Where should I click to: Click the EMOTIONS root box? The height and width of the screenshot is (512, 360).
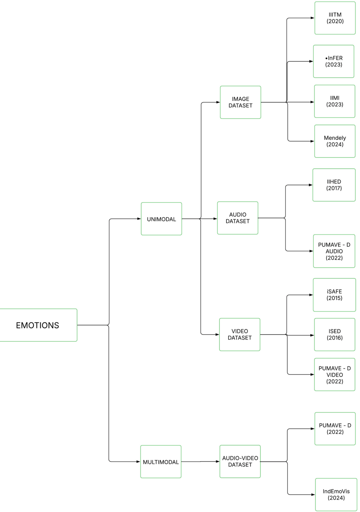coord(38,325)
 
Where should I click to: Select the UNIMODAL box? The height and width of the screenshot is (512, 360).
coord(161,219)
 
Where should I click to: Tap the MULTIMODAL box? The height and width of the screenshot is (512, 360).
coord(161,462)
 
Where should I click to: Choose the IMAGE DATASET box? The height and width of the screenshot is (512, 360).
coord(240,102)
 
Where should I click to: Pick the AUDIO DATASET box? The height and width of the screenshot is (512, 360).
coord(237,218)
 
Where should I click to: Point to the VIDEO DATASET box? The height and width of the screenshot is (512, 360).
coord(240,335)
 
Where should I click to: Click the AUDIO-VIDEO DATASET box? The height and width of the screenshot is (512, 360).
coord(240,461)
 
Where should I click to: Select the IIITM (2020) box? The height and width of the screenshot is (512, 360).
coord(335,18)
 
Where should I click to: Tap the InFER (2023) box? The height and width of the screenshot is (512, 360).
coord(334,61)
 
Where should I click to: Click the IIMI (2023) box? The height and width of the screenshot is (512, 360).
coord(334,101)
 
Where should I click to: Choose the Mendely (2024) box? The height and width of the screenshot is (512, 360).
coord(334,141)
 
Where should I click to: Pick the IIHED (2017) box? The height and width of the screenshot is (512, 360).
coord(334,185)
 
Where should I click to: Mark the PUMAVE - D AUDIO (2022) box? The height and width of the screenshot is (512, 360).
coord(334,251)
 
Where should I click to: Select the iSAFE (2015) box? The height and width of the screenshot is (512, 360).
coord(334,295)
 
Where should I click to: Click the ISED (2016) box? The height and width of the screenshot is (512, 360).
coord(334,335)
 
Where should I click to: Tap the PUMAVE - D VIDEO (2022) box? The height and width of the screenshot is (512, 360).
coord(334,374)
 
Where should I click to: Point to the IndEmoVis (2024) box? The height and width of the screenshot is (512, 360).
coord(336,494)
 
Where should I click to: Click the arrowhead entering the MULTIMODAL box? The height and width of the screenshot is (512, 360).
coord(138,462)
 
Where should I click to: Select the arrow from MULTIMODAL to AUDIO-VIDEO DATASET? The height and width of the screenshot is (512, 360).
coord(200,462)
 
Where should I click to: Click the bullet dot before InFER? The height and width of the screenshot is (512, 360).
coord(326,58)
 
